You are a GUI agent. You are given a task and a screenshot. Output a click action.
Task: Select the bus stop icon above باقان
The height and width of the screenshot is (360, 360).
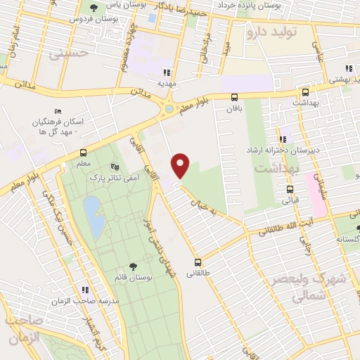click(x=234, y=98)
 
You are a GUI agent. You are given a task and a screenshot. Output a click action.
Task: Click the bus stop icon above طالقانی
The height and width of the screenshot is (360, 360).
click(x=198, y=260)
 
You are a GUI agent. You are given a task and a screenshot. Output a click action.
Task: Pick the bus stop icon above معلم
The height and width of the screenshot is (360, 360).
click(x=84, y=153)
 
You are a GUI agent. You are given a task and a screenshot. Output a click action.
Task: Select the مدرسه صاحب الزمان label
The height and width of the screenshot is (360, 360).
click(x=79, y=300)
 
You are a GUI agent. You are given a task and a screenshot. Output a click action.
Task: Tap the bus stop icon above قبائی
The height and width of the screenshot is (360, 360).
click(x=290, y=189)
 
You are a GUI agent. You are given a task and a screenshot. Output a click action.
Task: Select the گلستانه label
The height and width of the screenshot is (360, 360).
click(x=347, y=239)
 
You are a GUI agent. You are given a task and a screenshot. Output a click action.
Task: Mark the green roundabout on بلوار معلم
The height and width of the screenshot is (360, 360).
click(x=168, y=109)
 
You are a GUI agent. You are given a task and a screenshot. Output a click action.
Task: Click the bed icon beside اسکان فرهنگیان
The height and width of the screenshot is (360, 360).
click(x=58, y=112)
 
